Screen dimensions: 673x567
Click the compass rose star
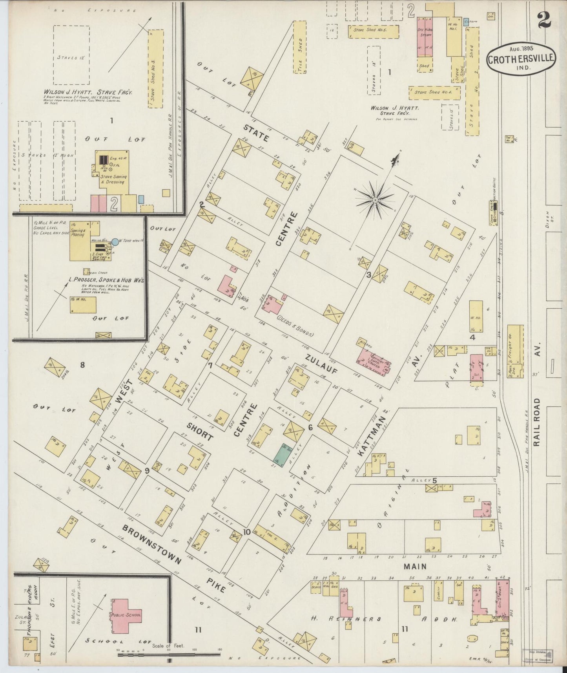375,200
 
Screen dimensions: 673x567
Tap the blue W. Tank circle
115,242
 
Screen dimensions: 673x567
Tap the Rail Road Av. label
537,404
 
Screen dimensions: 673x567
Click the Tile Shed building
300,47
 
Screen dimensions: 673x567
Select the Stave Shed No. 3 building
155,69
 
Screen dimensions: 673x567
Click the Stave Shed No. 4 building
434,92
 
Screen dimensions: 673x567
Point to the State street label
256,133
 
